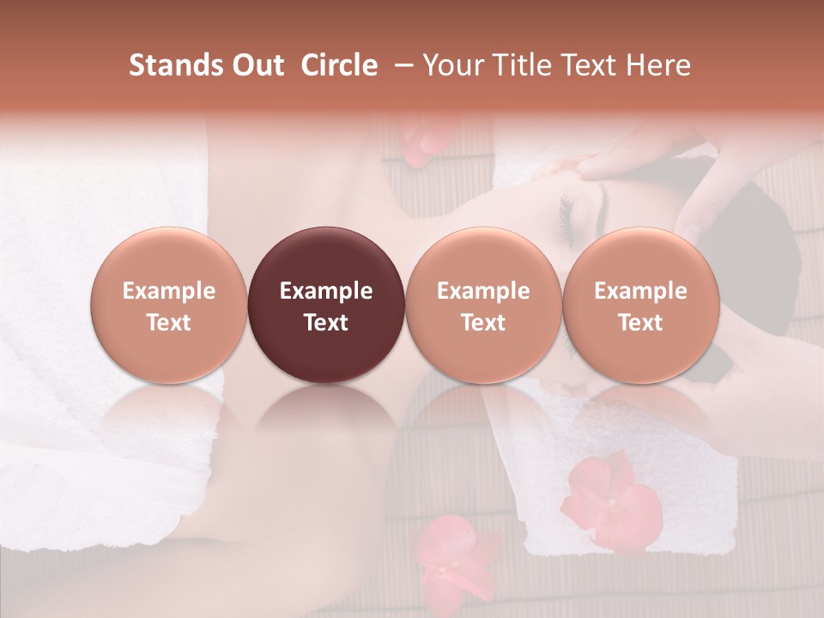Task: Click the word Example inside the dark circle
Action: tap(326, 291)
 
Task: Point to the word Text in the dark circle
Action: tap(326, 323)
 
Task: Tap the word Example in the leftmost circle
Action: tap(169, 291)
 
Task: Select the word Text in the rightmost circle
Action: tap(641, 323)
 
